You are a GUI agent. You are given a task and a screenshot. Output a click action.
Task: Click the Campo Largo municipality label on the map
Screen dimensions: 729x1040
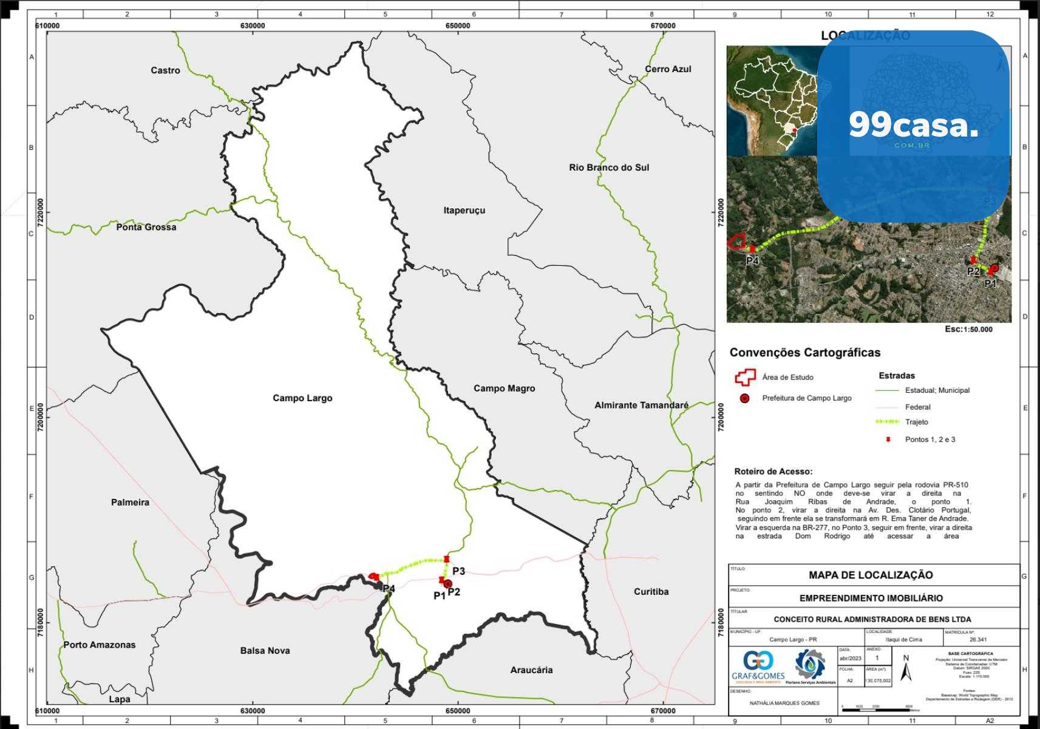pos(302,398)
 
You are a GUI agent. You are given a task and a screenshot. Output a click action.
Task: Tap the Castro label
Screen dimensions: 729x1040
pos(165,70)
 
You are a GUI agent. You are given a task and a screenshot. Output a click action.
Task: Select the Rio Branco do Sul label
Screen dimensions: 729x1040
pos(609,168)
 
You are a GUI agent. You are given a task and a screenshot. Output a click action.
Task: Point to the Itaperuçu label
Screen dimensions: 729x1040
pos(464,211)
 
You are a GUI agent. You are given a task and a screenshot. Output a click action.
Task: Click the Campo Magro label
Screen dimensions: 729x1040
pos(504,388)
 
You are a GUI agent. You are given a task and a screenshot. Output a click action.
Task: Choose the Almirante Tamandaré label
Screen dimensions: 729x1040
pos(641,405)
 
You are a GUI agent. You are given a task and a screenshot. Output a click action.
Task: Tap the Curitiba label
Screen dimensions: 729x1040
pos(651,591)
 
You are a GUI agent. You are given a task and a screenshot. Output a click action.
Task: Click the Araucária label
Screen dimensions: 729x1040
pos(531,670)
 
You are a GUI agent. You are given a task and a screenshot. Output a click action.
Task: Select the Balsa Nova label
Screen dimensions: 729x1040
pos(265,651)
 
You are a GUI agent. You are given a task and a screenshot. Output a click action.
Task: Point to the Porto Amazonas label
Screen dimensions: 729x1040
pos(100,645)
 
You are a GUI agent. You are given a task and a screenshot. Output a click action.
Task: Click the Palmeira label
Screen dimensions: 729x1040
pos(130,502)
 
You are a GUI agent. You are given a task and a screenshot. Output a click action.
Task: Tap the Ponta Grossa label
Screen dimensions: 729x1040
pos(146,227)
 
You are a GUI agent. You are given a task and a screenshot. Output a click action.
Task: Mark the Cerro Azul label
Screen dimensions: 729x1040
pos(668,69)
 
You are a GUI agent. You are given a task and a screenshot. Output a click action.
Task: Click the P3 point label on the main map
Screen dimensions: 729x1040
pos(458,571)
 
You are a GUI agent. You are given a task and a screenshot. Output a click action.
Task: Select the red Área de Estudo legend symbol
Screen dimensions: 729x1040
pos(744,378)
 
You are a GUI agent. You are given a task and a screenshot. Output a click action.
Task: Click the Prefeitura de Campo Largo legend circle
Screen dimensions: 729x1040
pos(745,398)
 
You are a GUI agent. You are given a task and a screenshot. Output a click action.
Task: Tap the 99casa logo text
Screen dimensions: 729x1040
pos(913,126)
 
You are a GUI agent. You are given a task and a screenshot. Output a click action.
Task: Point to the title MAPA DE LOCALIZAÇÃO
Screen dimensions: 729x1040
pos(871,575)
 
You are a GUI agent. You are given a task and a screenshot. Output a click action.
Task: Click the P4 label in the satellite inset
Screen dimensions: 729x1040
pos(752,261)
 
